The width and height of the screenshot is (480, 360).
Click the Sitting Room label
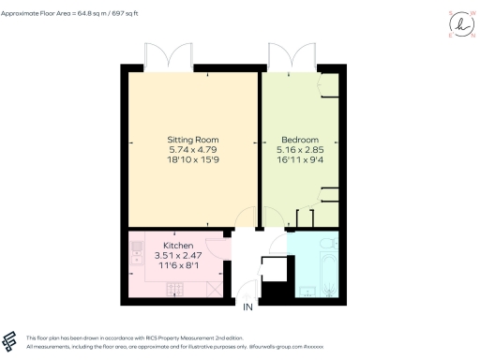click(x=192, y=140)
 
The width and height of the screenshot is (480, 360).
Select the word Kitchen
click(x=179, y=246)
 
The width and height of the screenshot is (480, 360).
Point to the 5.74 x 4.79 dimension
click(x=192, y=150)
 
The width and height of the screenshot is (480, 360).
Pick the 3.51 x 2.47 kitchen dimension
click(x=179, y=256)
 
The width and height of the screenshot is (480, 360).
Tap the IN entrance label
click(x=248, y=307)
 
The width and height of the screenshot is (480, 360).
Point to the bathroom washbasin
click(x=309, y=290)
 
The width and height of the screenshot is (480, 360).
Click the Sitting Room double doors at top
click(x=170, y=58)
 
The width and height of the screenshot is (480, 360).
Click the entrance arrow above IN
click(x=248, y=295)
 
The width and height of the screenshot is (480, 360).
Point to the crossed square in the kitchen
click(x=216, y=289)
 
